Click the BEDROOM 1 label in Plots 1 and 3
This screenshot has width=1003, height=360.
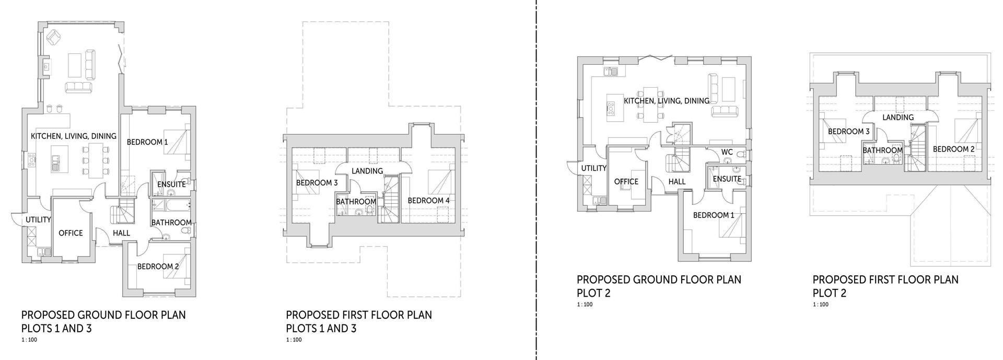point(147,142)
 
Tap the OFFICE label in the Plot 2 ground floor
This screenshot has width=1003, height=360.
point(626,182)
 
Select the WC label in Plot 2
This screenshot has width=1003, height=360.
point(727,153)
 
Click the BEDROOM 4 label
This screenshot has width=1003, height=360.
point(428,201)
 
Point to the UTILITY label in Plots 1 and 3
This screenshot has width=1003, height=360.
point(38,220)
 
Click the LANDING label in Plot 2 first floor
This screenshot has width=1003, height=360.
point(897,118)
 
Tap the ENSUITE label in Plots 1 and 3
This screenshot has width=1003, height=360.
point(171,184)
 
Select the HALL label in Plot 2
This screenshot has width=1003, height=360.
point(677,182)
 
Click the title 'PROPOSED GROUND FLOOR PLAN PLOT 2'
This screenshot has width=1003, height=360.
point(658,286)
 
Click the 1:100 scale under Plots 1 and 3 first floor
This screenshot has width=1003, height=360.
point(294,340)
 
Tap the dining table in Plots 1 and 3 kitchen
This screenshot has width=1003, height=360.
point(95,160)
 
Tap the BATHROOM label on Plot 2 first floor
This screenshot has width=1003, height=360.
point(882,150)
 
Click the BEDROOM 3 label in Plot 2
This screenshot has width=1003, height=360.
point(848,132)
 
